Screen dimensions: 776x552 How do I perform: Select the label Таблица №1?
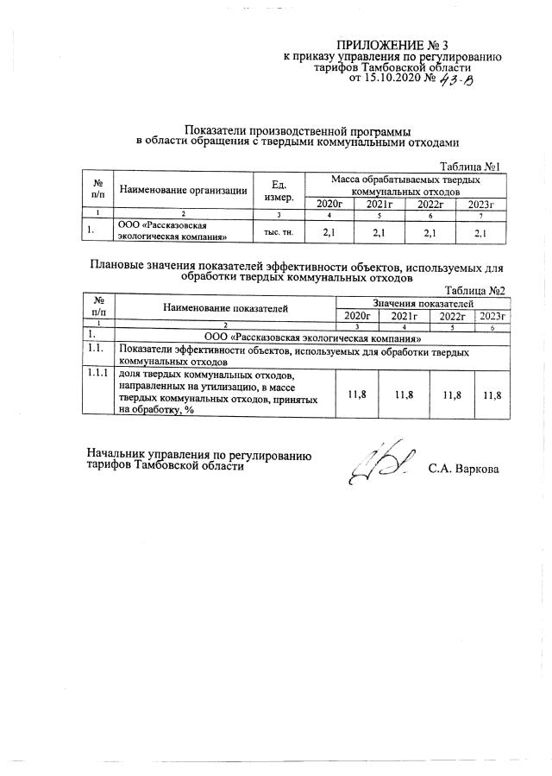[470, 166]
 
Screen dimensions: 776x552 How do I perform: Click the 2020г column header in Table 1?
[329, 204]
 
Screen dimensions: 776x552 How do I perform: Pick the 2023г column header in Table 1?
[480, 204]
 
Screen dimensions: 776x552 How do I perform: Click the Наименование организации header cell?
[183, 191]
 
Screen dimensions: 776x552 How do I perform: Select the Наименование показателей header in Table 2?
[225, 307]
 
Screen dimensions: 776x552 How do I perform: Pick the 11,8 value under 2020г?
[356, 394]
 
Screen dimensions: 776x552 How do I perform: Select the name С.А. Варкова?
[463, 470]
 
